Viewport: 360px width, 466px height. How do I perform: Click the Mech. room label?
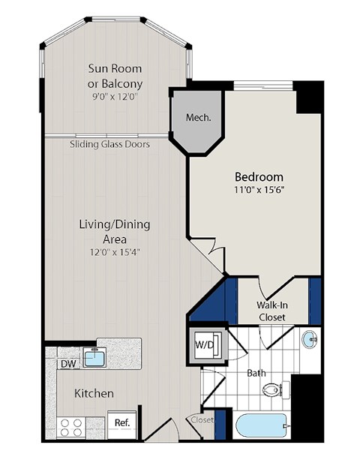pos(199,118)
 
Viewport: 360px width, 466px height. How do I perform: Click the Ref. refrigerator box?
pos(122,423)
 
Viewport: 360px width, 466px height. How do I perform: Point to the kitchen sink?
pos(94,358)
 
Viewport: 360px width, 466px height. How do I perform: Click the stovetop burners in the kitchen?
pos(71,428)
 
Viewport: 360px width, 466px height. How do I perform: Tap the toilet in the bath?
pos(274,390)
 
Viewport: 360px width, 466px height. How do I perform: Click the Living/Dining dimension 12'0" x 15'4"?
pos(115,251)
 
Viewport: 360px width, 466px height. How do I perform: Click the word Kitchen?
pos(94,393)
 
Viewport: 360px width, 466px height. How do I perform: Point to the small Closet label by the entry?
pos(202,420)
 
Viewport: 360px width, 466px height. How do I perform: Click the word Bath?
pos(256,372)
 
